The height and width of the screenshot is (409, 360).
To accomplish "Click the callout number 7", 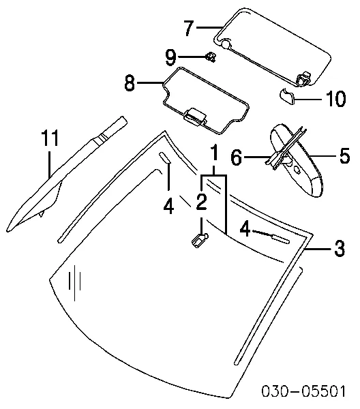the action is (x=189, y=28).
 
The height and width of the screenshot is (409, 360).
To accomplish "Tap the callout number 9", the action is (x=171, y=57).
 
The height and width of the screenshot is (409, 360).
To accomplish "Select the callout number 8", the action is (x=130, y=83).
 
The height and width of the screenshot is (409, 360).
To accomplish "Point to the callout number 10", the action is (x=336, y=99).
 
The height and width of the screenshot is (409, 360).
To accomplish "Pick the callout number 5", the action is (x=344, y=155).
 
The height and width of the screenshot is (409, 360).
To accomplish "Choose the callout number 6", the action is (x=237, y=157).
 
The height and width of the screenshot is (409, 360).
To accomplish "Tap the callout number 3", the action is (x=339, y=248).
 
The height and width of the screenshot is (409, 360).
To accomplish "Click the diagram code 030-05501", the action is (x=303, y=391).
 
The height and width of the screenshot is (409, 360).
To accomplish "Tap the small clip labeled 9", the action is (x=211, y=57).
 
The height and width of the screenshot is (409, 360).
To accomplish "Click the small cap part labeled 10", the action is (x=287, y=96).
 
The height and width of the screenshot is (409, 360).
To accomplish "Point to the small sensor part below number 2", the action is (x=200, y=240).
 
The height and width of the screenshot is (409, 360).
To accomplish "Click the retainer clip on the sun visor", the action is (x=304, y=78).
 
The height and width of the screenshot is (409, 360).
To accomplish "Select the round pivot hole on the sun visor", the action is (x=226, y=44).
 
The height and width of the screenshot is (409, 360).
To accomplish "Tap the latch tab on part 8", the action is (x=195, y=117).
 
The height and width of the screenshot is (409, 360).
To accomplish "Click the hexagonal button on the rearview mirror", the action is (x=297, y=169).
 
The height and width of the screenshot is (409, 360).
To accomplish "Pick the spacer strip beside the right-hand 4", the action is (x=281, y=239).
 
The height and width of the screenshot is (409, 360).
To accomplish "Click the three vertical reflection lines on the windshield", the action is (x=74, y=283).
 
